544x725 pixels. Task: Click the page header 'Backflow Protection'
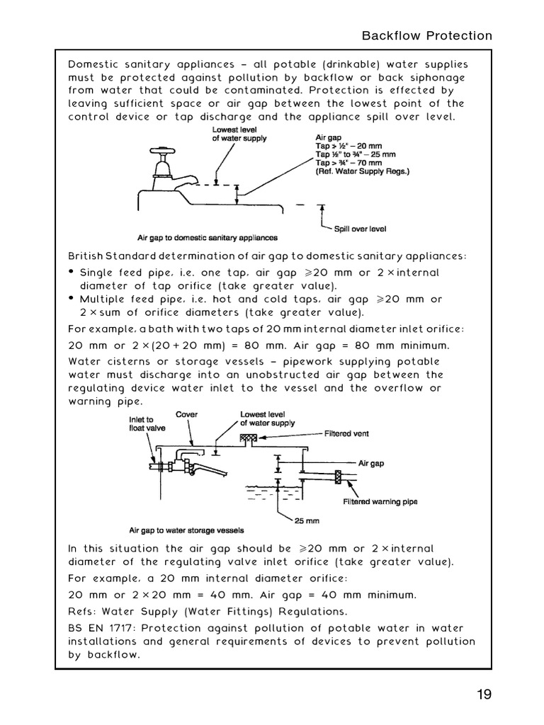pos(426,35)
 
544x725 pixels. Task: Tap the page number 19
pos(483,694)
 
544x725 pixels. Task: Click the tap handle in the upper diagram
pos(159,152)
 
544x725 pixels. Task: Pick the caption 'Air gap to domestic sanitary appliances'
pos(207,238)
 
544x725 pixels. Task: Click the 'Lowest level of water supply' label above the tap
pos(239,135)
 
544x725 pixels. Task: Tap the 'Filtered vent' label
pos(346,433)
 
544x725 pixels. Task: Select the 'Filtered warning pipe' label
pos(380,502)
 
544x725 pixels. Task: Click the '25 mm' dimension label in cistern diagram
pos(307,520)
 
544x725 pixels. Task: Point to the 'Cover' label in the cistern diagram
pos(186,415)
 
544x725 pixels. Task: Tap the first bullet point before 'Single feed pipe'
pos(72,273)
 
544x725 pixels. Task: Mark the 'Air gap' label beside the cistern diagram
pos(371,464)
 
